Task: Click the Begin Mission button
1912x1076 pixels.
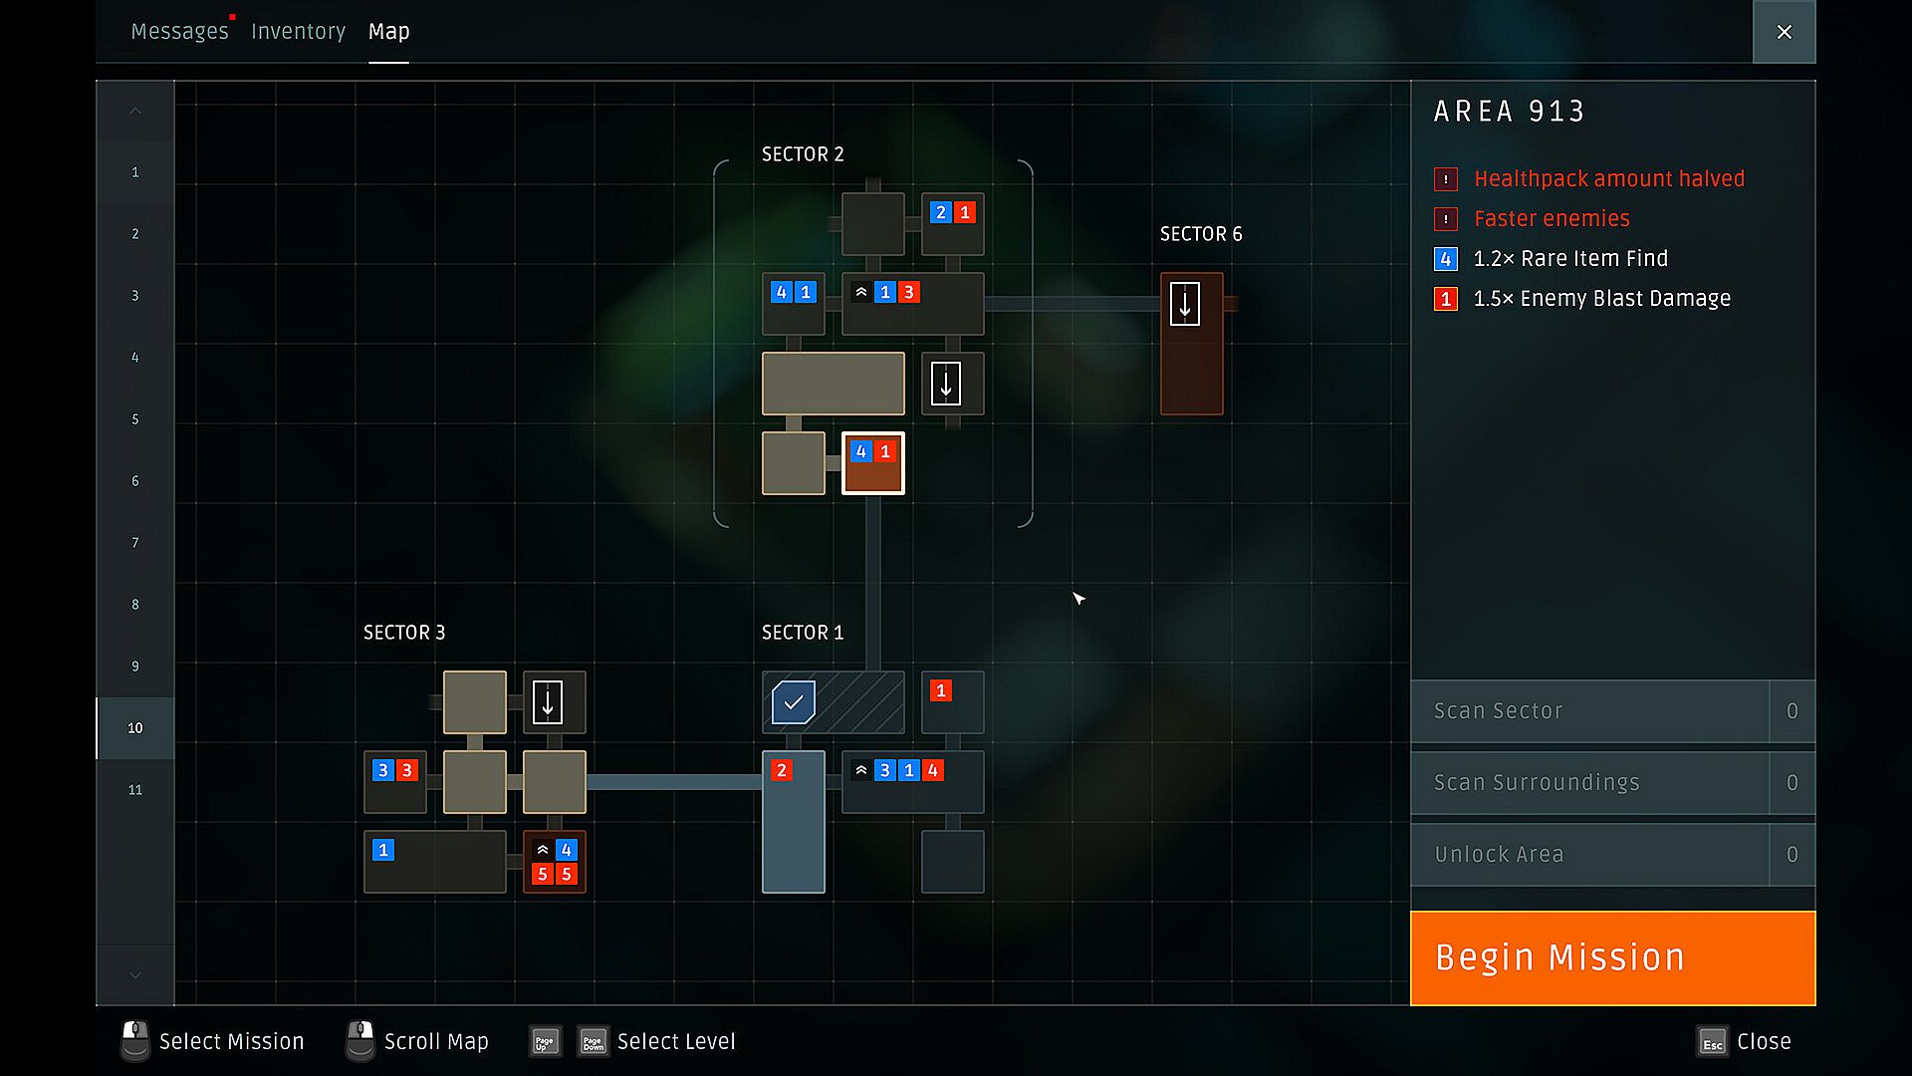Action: point(1612,957)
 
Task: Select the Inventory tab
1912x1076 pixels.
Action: point(298,32)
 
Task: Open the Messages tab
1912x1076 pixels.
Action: point(179,32)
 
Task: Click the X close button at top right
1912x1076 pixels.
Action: point(1784,32)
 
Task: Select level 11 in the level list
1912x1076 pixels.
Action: point(135,790)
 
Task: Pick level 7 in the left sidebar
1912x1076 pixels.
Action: point(135,543)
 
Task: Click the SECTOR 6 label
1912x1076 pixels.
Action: point(1201,234)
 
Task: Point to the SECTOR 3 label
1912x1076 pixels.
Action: point(404,633)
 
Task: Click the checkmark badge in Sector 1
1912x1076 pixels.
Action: point(794,702)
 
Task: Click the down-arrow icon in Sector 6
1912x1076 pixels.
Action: point(1185,304)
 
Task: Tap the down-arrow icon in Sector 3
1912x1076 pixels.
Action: point(548,702)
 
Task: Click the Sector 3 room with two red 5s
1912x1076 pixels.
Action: point(555,862)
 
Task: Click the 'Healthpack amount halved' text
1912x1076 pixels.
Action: point(1609,179)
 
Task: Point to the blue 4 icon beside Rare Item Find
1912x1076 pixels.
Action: point(1446,259)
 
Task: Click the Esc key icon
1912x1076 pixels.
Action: point(1712,1042)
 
